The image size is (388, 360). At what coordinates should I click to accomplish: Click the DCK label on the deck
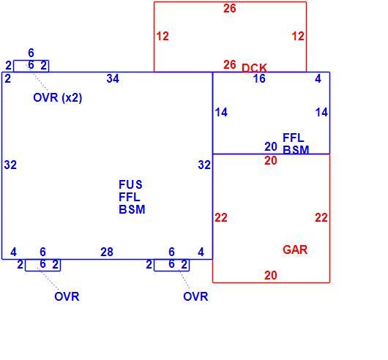click(x=254, y=68)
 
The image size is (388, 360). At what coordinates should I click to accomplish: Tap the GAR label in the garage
click(x=295, y=250)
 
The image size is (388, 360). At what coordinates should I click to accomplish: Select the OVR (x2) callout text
click(x=57, y=97)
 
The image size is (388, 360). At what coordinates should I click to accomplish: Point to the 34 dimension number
click(x=113, y=78)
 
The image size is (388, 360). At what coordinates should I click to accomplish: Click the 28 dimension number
click(x=107, y=252)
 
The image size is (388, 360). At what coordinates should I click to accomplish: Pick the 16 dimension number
click(x=259, y=78)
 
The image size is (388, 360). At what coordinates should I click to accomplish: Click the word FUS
click(x=130, y=184)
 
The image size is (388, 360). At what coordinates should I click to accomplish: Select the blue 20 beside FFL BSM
click(x=271, y=146)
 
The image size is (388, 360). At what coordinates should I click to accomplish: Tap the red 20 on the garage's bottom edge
click(x=271, y=275)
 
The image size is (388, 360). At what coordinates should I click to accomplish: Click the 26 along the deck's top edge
click(x=230, y=8)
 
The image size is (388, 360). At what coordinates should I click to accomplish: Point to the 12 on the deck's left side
click(x=163, y=37)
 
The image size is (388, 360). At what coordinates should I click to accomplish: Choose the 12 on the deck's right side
click(x=298, y=37)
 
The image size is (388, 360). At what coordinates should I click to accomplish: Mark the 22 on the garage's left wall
click(x=221, y=217)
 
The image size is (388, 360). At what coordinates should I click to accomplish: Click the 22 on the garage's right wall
click(x=321, y=217)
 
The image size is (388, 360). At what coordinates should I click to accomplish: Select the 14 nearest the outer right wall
click(x=321, y=112)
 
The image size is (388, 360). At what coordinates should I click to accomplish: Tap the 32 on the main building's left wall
click(x=10, y=165)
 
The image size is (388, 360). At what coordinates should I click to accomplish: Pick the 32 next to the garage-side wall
click(x=204, y=165)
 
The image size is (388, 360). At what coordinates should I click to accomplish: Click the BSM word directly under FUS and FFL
click(x=132, y=210)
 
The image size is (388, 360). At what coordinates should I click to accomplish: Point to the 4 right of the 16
click(x=318, y=78)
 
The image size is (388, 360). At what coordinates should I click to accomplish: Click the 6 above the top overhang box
click(x=31, y=53)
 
